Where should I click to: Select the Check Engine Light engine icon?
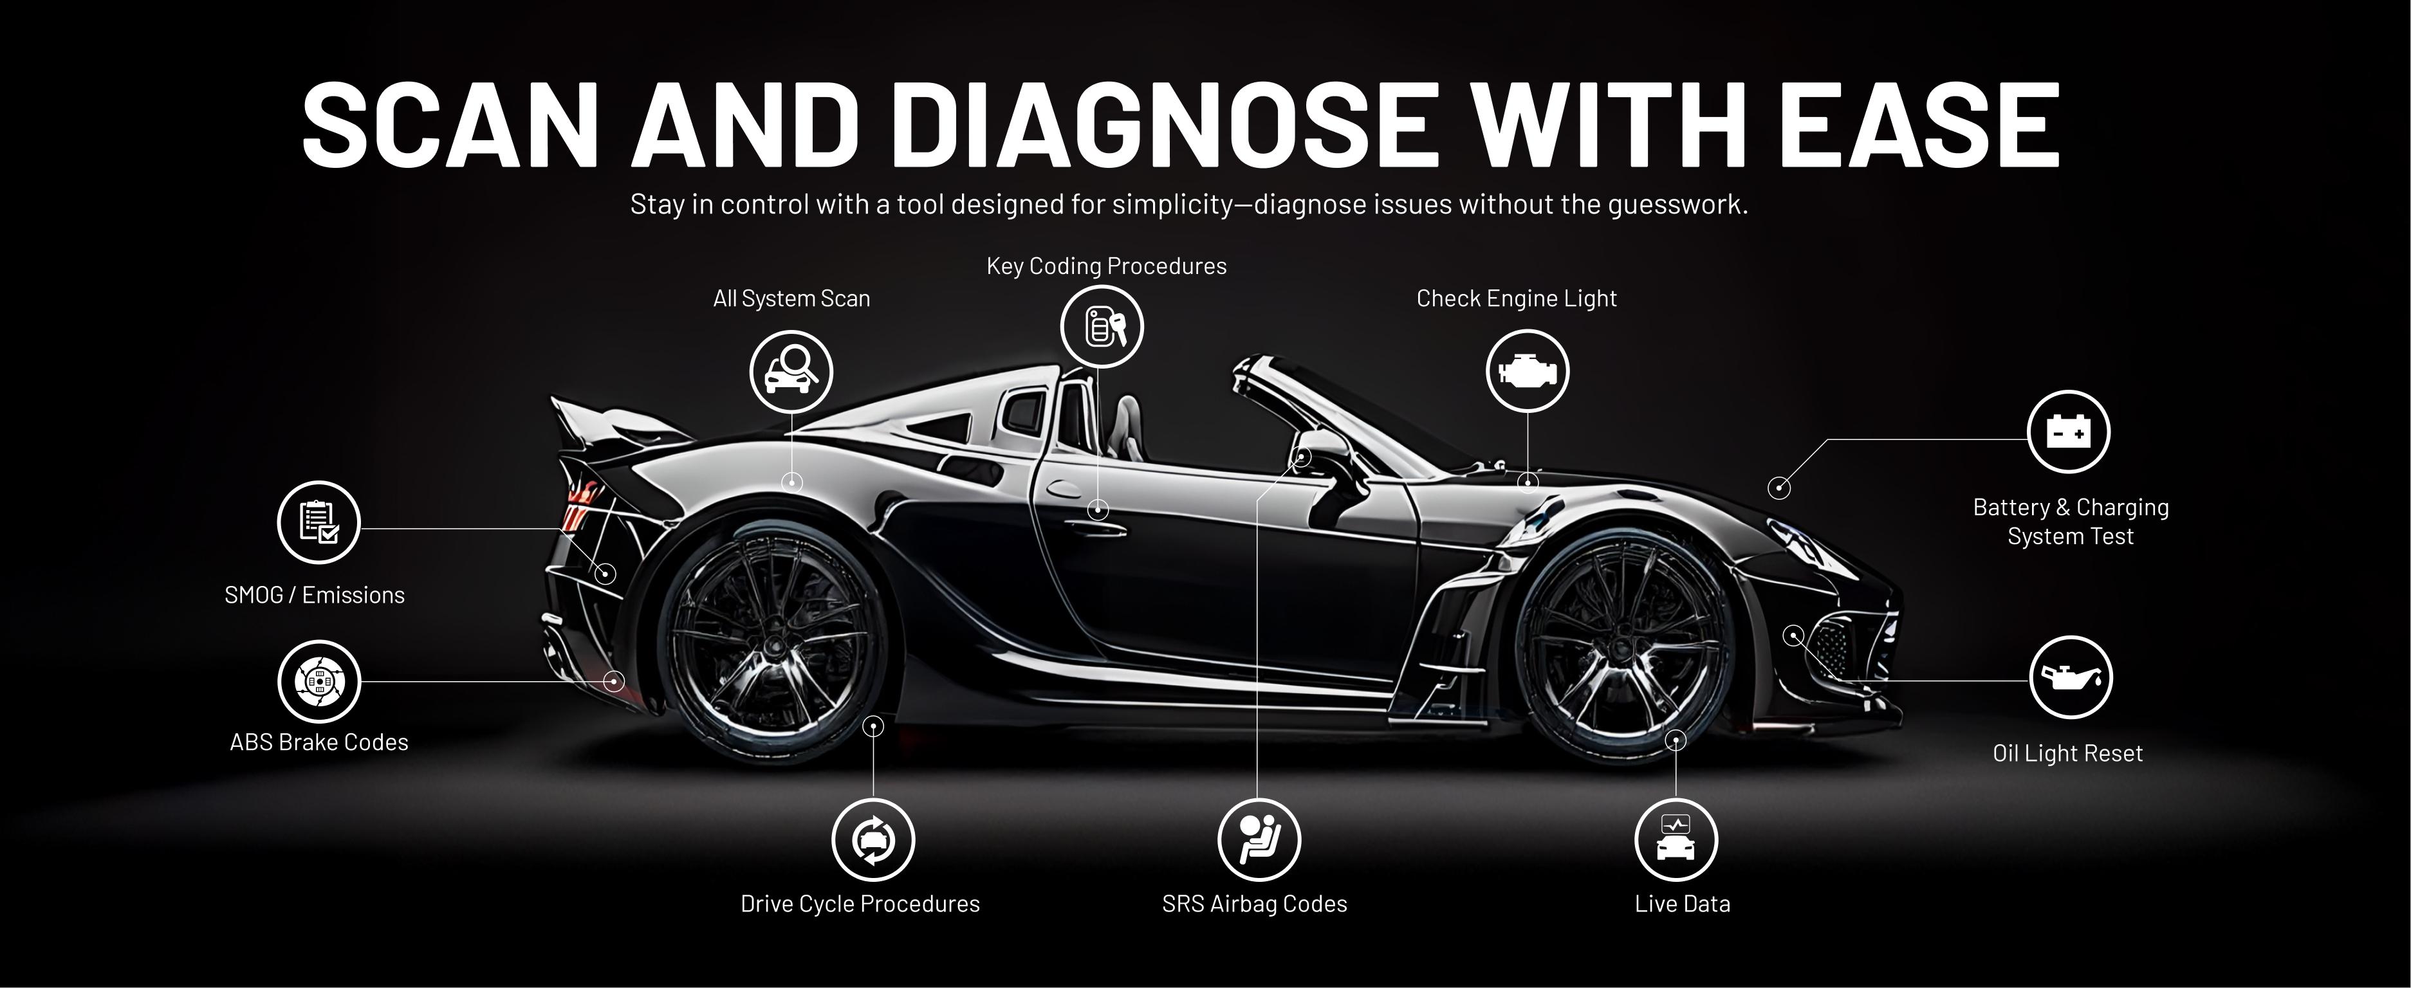click(x=1528, y=371)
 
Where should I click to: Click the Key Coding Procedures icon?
click(x=1102, y=327)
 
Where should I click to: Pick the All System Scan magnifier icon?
click(x=791, y=371)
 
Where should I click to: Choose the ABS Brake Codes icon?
click(x=319, y=682)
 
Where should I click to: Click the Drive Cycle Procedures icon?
click(x=873, y=840)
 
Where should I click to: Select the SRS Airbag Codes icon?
click(x=1259, y=840)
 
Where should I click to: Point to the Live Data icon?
click(x=1676, y=840)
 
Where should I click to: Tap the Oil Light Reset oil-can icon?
click(x=2071, y=679)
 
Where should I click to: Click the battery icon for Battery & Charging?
click(x=2069, y=432)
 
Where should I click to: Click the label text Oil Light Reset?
click(x=2067, y=753)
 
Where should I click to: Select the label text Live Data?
click(x=1682, y=904)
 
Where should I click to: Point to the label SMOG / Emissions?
click(x=315, y=595)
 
